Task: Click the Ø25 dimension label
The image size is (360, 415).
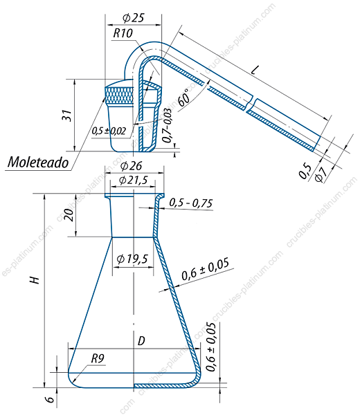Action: pos(134,18)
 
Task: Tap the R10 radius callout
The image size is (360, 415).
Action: pos(123,33)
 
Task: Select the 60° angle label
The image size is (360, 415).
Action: pos(184,97)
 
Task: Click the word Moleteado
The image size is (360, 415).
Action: pos(38,162)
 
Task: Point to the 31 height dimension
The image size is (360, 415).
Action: pos(66,115)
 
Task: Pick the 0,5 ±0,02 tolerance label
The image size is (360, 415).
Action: pos(109,131)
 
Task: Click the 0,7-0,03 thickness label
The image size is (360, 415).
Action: pos(167,126)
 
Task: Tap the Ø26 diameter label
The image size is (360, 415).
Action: pos(131,166)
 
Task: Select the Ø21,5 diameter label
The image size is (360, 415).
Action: pos(133,181)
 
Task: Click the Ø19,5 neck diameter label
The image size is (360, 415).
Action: pos(132,259)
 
